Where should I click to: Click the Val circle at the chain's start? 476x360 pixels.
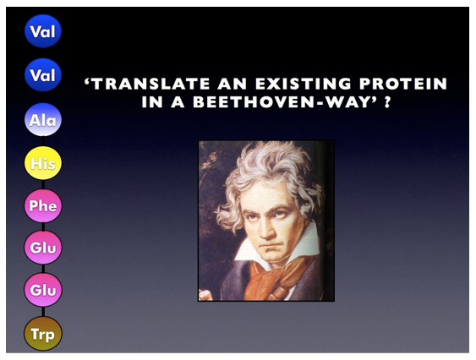(43, 31)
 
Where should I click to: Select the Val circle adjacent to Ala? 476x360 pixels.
(43, 75)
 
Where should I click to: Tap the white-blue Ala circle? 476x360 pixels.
(43, 120)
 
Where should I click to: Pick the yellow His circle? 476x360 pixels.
(43, 163)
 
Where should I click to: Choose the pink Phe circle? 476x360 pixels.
(43, 205)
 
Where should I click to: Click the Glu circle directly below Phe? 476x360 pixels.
(43, 248)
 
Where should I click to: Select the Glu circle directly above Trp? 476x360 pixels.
(43, 290)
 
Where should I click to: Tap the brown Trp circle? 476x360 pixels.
(43, 334)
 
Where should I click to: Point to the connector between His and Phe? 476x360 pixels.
(43, 184)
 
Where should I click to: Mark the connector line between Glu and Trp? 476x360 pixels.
(43, 312)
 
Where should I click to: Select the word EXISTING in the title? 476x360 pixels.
(303, 84)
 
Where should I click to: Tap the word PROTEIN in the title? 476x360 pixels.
(403, 84)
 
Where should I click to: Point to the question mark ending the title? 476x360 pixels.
(386, 102)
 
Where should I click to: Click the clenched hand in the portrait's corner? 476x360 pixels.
(204, 294)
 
